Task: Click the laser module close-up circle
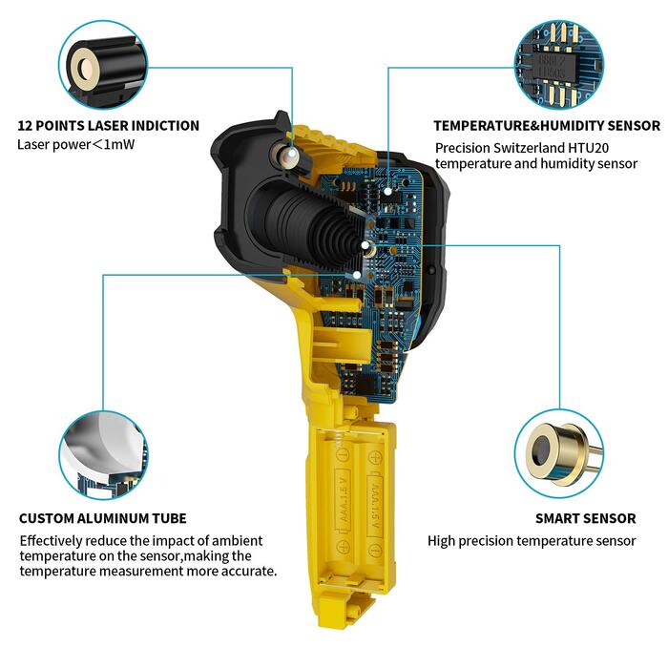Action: (x=103, y=65)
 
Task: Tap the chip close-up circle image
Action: (x=559, y=65)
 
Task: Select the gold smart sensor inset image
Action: (x=559, y=454)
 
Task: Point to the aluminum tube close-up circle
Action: (x=103, y=454)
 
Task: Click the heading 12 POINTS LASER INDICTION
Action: (x=108, y=126)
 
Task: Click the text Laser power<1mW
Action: (x=75, y=145)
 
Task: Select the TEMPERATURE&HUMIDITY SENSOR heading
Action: (x=547, y=126)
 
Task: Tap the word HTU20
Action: (x=589, y=148)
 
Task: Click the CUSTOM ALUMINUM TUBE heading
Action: (x=103, y=518)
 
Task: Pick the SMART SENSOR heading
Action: (x=585, y=518)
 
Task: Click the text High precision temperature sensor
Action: (x=532, y=541)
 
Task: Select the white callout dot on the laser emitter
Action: (x=292, y=154)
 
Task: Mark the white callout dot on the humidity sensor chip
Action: (x=387, y=191)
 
